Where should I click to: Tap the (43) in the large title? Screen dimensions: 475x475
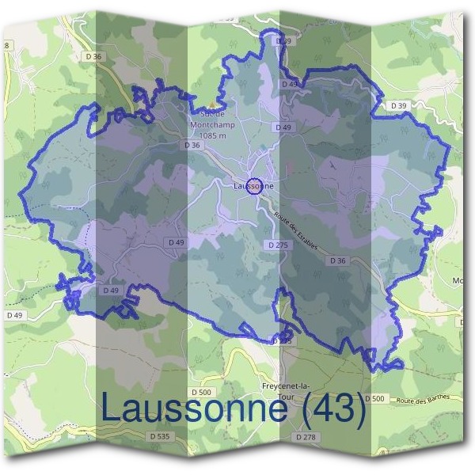(328, 408)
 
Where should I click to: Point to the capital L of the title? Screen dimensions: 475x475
(112, 408)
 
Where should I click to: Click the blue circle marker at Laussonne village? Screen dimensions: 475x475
(254, 186)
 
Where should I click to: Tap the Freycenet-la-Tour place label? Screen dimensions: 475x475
(283, 390)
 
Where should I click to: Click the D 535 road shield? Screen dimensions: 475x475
(159, 435)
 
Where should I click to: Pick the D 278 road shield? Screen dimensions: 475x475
(306, 436)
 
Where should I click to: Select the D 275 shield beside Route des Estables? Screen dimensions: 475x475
(278, 245)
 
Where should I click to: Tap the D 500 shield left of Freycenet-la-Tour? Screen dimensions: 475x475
(202, 392)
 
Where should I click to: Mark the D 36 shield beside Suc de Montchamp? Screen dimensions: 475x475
(192, 145)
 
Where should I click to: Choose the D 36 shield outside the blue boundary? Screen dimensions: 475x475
(93, 56)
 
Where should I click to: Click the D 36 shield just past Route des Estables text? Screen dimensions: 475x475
(338, 260)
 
